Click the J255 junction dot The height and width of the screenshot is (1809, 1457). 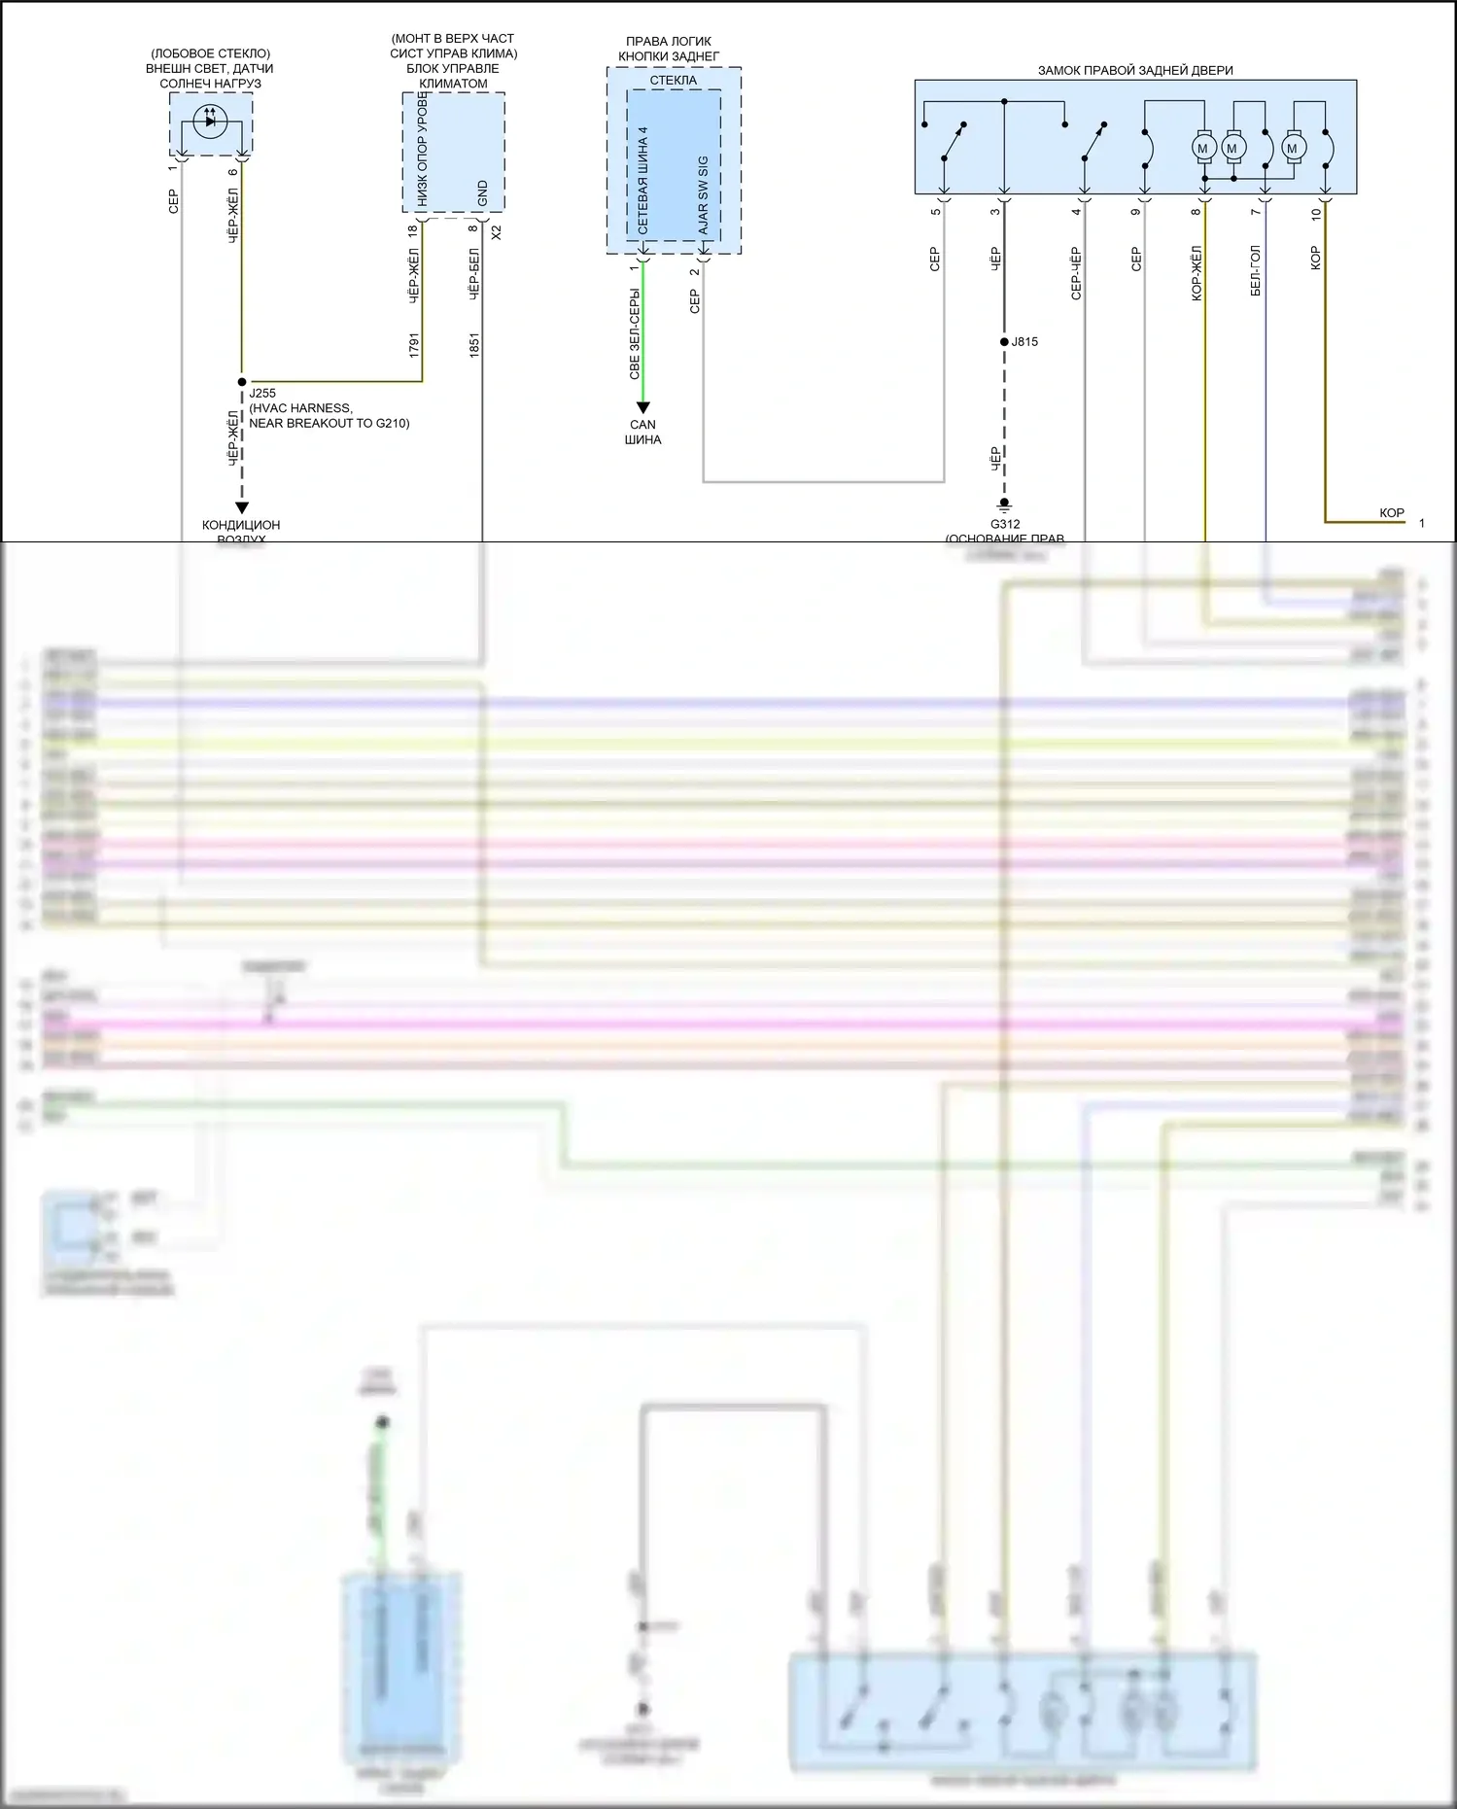coord(242,382)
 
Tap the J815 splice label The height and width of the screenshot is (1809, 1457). coord(1024,341)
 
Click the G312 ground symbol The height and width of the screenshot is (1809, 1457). coord(1004,504)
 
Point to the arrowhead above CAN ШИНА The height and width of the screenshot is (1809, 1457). coord(642,407)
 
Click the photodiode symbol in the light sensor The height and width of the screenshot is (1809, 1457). coord(210,122)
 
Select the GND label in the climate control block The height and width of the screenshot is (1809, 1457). coord(483,192)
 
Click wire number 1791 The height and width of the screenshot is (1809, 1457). coord(414,345)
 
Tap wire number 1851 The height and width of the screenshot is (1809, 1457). coord(474,345)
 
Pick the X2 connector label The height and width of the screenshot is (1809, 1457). coord(497,232)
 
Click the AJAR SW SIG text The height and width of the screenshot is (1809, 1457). coord(703,195)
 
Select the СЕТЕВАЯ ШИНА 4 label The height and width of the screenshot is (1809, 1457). coord(642,180)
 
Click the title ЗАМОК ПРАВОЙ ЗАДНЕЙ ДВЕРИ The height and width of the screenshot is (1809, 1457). coord(1134,70)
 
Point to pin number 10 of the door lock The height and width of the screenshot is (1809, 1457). coord(1316,213)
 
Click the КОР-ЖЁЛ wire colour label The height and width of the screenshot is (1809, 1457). coord(1197,272)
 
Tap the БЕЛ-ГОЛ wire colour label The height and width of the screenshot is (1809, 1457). coord(1255,270)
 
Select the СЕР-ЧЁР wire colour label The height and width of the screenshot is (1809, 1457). coord(1076,272)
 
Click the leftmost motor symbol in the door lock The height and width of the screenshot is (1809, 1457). coord(1202,149)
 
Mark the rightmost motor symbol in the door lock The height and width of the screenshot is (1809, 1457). coord(1292,149)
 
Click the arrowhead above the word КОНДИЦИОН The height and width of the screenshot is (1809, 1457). coord(242,507)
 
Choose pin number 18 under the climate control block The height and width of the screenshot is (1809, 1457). coord(413,230)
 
